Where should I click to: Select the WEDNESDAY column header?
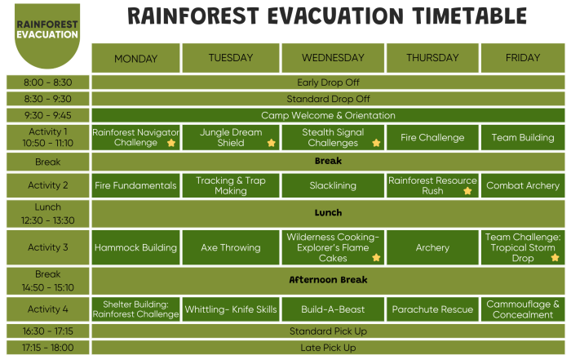[333, 58]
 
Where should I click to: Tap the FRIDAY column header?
[523, 58]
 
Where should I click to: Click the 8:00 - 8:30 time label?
[47, 82]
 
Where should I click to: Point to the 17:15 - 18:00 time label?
[47, 348]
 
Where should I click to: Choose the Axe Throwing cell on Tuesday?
[231, 247]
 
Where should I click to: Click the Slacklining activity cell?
[333, 185]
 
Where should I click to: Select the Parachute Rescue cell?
[432, 309]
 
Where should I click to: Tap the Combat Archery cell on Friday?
[523, 185]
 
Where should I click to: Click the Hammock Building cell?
[135, 247]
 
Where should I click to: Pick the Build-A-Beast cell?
[333, 309]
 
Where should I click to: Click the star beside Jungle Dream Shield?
[271, 143]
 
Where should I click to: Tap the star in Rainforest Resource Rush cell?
[467, 191]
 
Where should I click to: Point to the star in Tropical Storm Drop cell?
[555, 258]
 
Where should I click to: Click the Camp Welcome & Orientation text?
[328, 115]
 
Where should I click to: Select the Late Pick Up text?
[328, 348]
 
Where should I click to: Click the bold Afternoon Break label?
[328, 280]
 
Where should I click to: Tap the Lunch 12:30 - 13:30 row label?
[47, 213]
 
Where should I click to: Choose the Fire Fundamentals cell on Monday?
[135, 185]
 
